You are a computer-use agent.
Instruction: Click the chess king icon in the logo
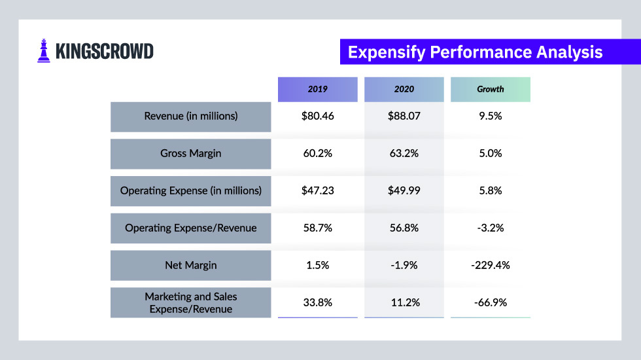tap(44, 51)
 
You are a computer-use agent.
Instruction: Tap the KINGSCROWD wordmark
tap(105, 52)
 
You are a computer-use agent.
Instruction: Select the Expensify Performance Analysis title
tap(475, 52)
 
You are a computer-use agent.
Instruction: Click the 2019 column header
tap(318, 89)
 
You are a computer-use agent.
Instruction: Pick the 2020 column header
tap(404, 89)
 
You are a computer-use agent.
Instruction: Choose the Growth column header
tap(490, 89)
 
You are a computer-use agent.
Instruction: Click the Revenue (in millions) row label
tap(191, 117)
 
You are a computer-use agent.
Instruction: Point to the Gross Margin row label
tap(191, 154)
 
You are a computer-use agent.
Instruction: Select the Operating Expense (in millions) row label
tap(191, 191)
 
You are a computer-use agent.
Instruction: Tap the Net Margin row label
tap(191, 266)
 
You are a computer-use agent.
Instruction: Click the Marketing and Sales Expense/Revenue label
tap(191, 302)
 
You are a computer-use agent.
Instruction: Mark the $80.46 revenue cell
tap(318, 117)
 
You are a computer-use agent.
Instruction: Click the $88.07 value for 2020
tap(404, 117)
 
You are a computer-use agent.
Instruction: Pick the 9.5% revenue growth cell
tap(490, 117)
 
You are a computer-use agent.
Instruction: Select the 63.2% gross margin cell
tap(404, 154)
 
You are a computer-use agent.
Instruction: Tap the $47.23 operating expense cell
tap(318, 191)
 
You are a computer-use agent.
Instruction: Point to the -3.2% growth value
tap(490, 228)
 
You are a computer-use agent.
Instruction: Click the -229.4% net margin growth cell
tap(490, 266)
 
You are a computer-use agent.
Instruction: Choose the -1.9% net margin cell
tap(404, 266)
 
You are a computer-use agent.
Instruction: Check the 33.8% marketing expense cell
tap(318, 302)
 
